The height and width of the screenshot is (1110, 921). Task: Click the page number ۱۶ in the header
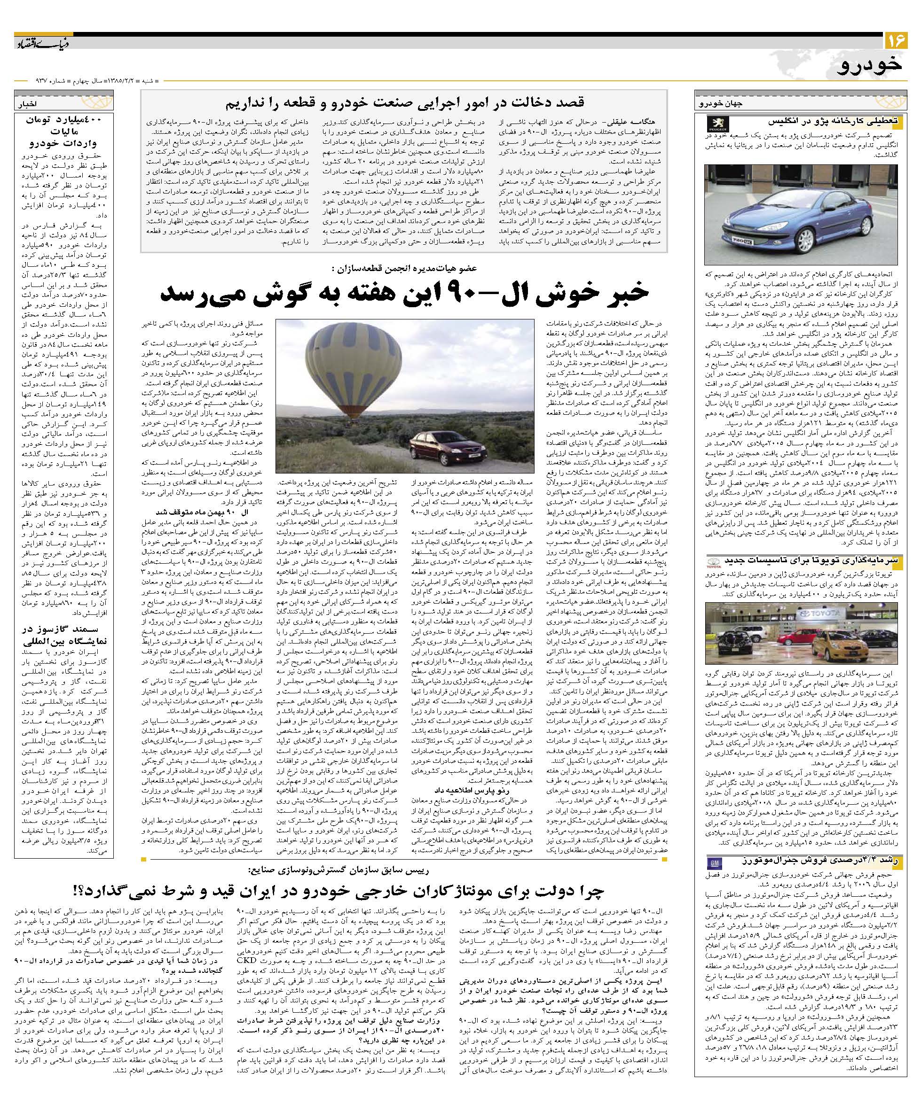pyautogui.click(x=895, y=40)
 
